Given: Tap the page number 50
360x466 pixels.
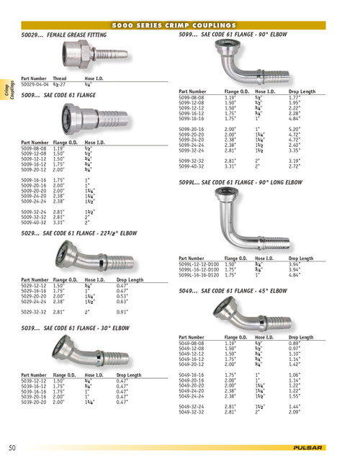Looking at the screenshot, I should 12,447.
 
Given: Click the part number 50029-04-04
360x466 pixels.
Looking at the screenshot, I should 35,84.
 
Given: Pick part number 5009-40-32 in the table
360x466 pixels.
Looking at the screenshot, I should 35,224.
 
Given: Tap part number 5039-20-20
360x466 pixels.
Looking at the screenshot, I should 35,402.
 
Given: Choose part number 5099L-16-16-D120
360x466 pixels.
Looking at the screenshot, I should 199,274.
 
